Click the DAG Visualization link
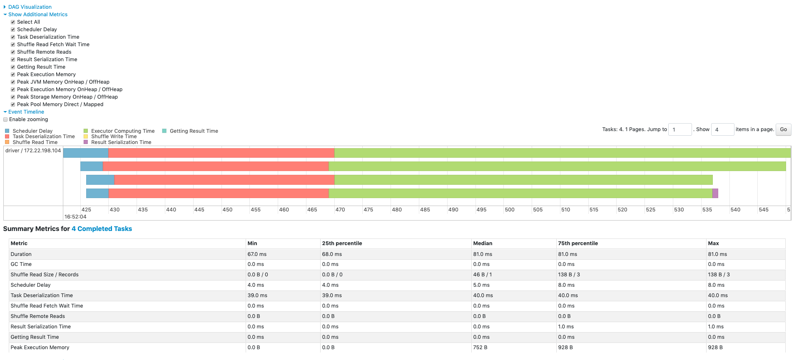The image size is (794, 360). click(x=30, y=7)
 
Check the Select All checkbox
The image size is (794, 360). click(x=13, y=22)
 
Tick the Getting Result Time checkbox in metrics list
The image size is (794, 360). click(x=13, y=67)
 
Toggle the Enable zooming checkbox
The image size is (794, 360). click(x=6, y=119)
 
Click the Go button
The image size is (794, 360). click(x=783, y=129)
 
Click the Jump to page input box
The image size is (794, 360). click(x=680, y=129)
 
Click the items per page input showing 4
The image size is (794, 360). click(x=722, y=129)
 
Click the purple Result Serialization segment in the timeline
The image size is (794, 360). click(x=715, y=193)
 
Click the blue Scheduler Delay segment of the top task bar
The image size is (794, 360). click(x=85, y=153)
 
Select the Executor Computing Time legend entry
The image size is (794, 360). click(x=122, y=131)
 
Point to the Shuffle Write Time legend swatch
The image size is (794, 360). click(x=86, y=137)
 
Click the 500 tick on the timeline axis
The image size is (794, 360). click(x=509, y=210)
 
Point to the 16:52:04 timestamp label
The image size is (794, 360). click(x=75, y=217)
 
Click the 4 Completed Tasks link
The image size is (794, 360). click(x=102, y=229)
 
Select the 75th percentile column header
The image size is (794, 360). click(x=577, y=243)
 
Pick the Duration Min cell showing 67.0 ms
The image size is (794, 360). click(x=257, y=254)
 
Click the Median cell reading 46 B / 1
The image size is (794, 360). click(x=482, y=275)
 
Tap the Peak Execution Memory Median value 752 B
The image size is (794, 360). click(x=480, y=348)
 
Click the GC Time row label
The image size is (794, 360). click(x=21, y=264)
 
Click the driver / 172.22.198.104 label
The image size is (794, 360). click(x=33, y=151)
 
